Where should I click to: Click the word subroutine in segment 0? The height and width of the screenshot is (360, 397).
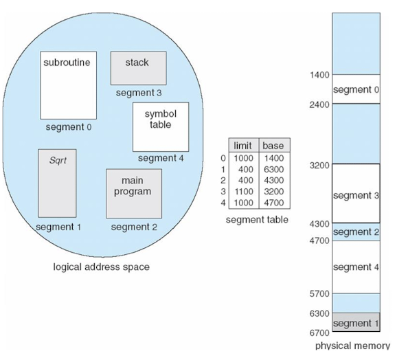(67, 63)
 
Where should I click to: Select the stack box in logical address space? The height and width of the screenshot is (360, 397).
(139, 68)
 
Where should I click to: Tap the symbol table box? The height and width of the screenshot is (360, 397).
(161, 127)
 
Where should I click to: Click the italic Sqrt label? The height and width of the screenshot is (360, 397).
(58, 160)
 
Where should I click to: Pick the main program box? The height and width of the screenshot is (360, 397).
(134, 194)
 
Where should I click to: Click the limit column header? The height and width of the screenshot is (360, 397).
(242, 146)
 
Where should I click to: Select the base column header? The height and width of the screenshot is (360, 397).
(273, 146)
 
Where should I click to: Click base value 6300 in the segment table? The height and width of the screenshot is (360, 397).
(273, 170)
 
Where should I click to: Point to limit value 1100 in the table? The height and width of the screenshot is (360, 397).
(244, 192)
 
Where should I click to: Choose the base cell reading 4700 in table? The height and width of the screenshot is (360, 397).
(273, 203)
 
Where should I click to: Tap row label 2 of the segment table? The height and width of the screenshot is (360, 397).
(223, 180)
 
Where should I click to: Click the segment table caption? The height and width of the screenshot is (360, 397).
(257, 220)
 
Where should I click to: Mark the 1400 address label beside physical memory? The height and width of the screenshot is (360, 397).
(319, 75)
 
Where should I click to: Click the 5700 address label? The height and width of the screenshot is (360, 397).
(319, 293)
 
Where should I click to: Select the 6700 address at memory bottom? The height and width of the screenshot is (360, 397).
(319, 333)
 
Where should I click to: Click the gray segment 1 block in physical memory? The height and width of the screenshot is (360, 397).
(356, 322)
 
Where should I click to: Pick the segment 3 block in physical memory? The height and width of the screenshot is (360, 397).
(356, 194)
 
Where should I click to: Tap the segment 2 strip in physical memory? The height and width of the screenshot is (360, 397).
(356, 232)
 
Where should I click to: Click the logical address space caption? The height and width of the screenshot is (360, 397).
(101, 267)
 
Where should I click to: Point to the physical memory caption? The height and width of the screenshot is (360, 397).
(352, 346)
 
